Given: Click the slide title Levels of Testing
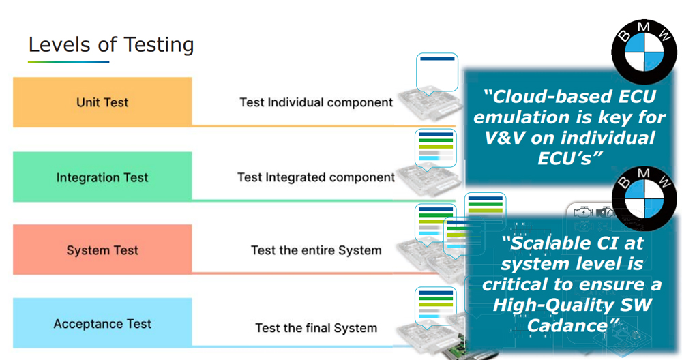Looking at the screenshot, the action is (x=111, y=45).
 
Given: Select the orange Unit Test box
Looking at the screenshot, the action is (x=102, y=102).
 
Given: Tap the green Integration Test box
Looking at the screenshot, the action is (x=102, y=177).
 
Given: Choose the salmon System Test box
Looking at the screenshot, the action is (x=102, y=250).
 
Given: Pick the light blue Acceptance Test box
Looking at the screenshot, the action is (x=102, y=323).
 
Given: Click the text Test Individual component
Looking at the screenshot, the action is (x=316, y=102).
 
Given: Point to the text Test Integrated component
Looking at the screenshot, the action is (x=316, y=177).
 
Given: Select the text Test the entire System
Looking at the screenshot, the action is (x=316, y=250).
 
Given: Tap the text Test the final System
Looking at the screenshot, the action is (x=316, y=328).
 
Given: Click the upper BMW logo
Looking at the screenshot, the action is (x=644, y=51).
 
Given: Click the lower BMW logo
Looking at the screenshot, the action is (x=644, y=198).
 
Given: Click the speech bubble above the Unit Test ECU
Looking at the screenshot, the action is (x=437, y=73).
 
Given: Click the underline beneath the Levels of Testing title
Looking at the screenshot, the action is (x=68, y=62).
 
